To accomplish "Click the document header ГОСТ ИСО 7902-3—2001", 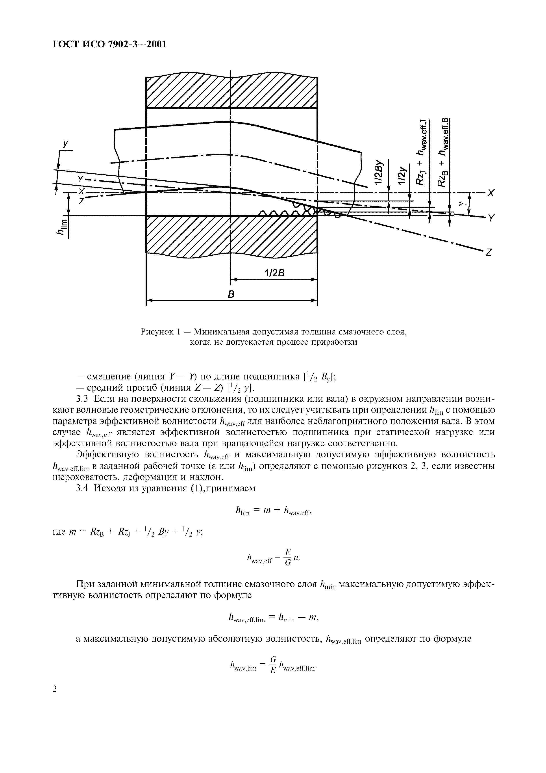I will point(110,44).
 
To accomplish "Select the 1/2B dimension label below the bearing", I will point(274,273).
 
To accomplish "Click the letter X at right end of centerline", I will point(492,193).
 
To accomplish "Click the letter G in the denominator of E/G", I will point(287,563).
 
